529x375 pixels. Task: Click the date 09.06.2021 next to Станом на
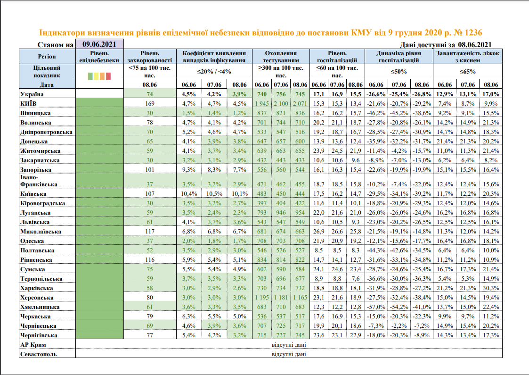point(99,44)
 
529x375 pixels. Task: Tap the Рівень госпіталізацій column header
point(338,57)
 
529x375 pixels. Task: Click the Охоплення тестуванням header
point(281,57)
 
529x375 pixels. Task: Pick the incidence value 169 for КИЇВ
point(150,103)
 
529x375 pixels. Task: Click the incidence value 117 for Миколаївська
point(150,232)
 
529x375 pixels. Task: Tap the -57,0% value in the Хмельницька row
point(375,307)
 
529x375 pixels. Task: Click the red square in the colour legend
point(108,76)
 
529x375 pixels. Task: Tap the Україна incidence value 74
point(150,94)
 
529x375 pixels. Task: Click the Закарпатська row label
point(39,160)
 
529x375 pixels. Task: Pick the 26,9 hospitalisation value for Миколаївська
point(319,232)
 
